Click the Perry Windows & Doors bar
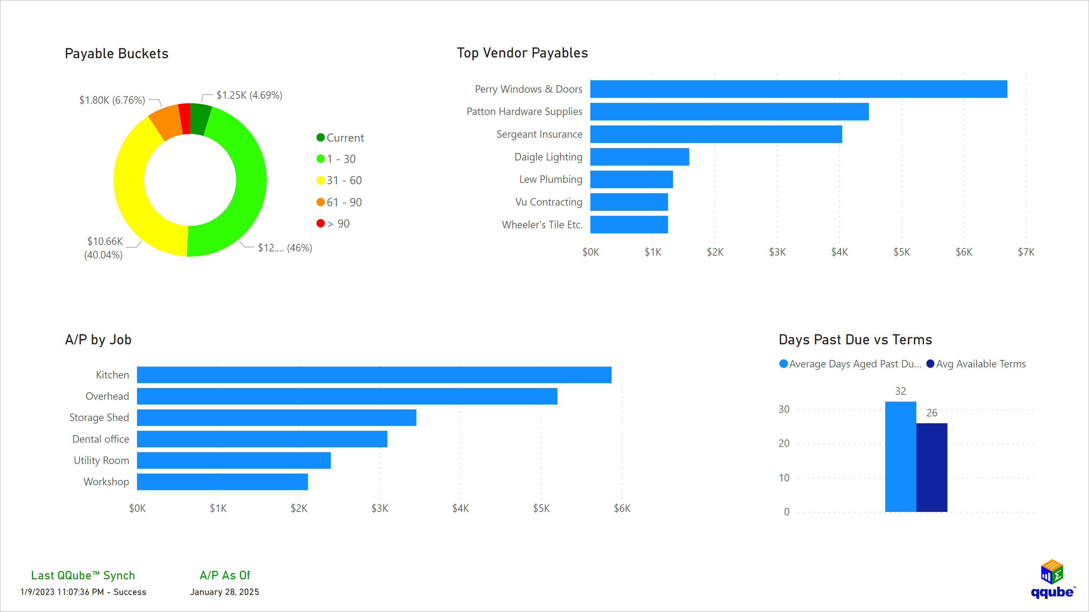(798, 89)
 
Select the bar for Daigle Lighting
(639, 157)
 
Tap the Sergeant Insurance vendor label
(539, 135)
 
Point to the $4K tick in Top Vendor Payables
(839, 252)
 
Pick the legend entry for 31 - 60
(340, 180)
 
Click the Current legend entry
(340, 138)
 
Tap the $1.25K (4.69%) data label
(249, 95)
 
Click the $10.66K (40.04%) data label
(104, 248)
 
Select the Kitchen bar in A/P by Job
(374, 375)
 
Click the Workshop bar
(222, 482)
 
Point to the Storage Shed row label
(99, 417)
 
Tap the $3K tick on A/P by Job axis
(380, 508)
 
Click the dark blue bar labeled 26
(931, 467)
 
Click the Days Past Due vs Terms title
(855, 340)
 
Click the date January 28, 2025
(224, 592)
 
